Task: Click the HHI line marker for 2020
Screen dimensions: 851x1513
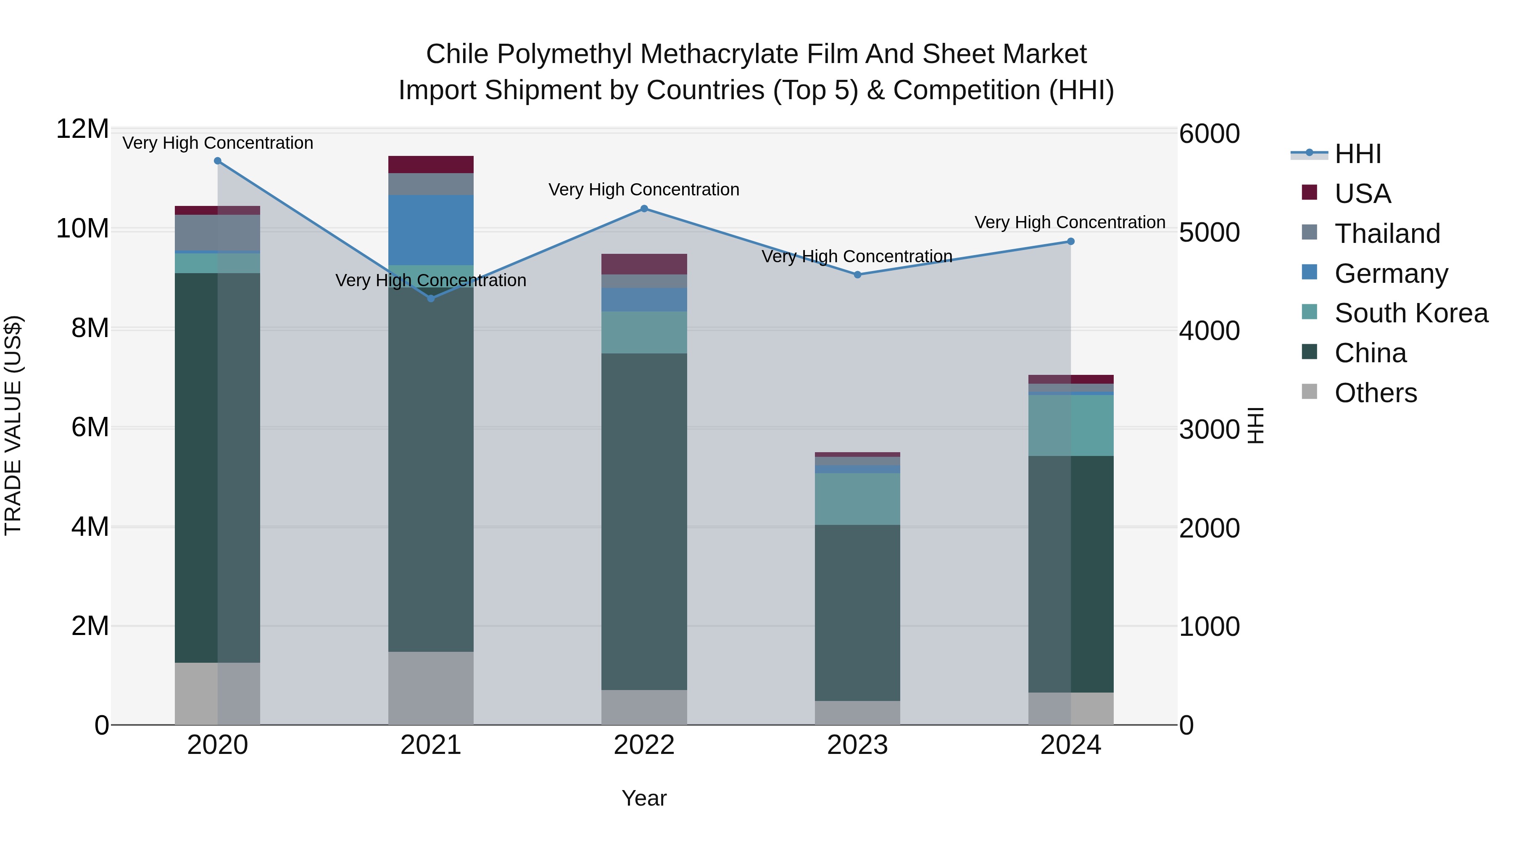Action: [217, 161]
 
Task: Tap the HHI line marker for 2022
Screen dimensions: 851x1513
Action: [644, 208]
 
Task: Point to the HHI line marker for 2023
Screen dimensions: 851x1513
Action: [857, 275]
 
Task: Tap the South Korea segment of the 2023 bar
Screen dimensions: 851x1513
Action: [857, 498]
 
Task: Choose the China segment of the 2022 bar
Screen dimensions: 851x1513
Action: [644, 521]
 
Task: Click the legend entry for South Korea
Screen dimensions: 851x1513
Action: [1411, 313]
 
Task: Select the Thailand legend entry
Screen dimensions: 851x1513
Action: [1387, 234]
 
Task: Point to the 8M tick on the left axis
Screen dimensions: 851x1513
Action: [90, 328]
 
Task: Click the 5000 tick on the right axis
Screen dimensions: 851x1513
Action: [1209, 232]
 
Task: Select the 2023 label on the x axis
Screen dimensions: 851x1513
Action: [857, 745]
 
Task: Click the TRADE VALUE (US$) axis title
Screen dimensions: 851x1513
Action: [13, 425]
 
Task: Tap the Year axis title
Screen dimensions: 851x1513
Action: [644, 798]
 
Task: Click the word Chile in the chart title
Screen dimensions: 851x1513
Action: [456, 54]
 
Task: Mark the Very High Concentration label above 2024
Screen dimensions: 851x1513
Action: [1070, 223]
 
